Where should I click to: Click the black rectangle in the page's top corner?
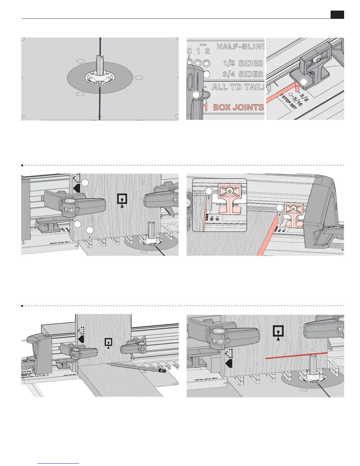337,15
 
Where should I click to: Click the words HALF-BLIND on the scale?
241,46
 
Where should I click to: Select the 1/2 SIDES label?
243,63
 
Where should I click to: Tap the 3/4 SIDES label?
242,74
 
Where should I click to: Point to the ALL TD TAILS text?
239,87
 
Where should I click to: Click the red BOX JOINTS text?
238,107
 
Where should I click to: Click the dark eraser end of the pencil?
162,371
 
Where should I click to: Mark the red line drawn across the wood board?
296,355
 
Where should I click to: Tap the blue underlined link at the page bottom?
59,463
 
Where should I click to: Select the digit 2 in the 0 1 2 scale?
207,51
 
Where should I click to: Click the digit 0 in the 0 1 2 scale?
189,51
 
